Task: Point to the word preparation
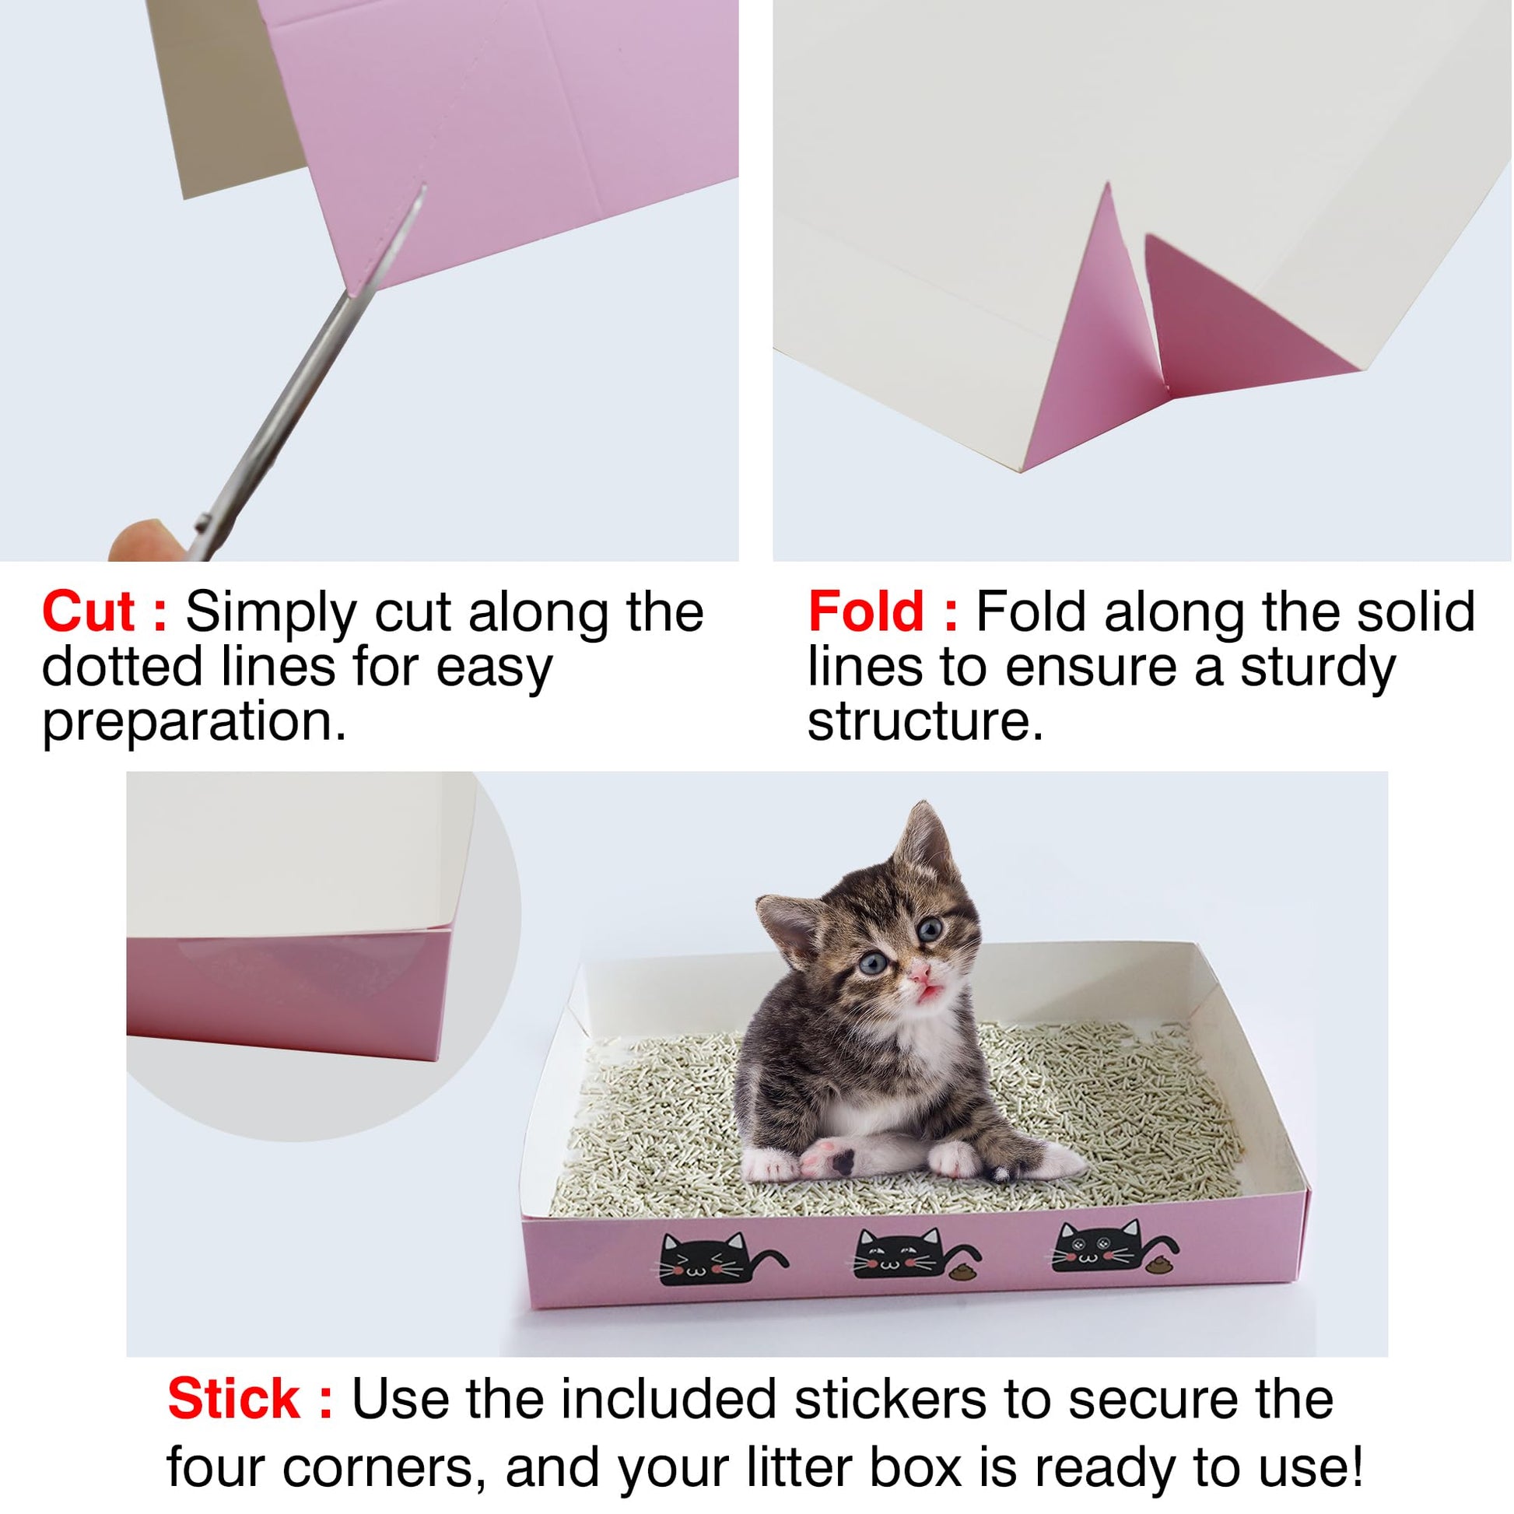click(195, 722)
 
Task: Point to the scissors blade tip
click(424, 187)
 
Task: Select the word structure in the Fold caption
click(926, 722)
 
